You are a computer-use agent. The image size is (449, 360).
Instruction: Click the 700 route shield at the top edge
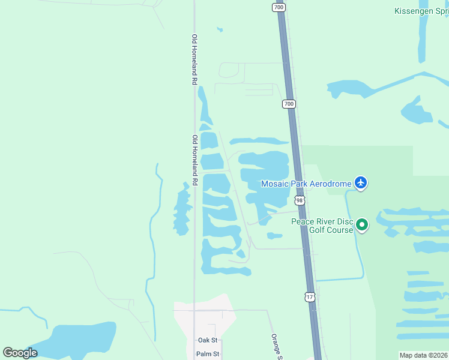click(278, 7)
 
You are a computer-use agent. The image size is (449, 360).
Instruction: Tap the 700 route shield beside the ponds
click(289, 104)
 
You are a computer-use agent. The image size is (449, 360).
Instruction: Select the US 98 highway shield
click(300, 200)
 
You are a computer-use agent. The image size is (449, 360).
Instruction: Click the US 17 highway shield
click(309, 297)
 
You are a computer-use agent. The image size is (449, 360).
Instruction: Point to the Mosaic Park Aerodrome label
click(305, 183)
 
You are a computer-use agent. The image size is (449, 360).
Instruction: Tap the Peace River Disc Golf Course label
click(322, 226)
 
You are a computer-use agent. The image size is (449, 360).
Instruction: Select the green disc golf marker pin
click(362, 225)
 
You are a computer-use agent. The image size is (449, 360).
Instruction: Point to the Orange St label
click(276, 347)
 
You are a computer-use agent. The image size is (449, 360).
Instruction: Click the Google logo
click(20, 352)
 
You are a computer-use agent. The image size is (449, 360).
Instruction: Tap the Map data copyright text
click(424, 355)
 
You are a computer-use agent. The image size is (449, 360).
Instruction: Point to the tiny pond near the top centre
click(220, 29)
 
